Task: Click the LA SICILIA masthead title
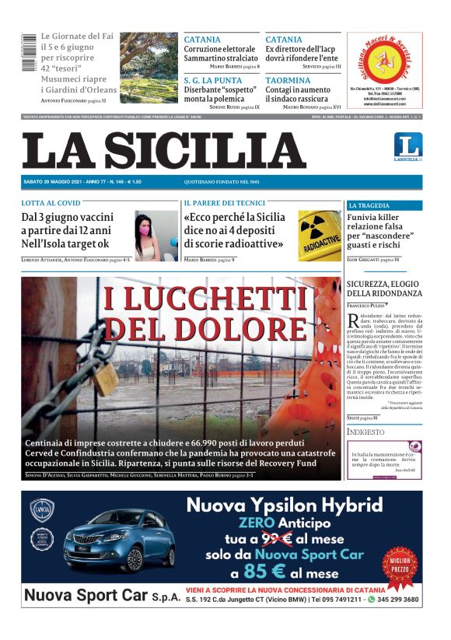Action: (x=163, y=151)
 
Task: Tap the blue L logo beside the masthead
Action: (x=407, y=145)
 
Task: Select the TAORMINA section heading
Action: (x=288, y=80)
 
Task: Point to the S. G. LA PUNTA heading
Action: (x=212, y=80)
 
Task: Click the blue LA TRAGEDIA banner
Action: (x=384, y=205)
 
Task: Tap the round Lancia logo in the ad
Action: (x=42, y=510)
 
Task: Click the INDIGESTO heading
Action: (x=365, y=432)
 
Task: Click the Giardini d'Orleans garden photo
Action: (x=149, y=68)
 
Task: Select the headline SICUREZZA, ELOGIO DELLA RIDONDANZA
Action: (x=383, y=288)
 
